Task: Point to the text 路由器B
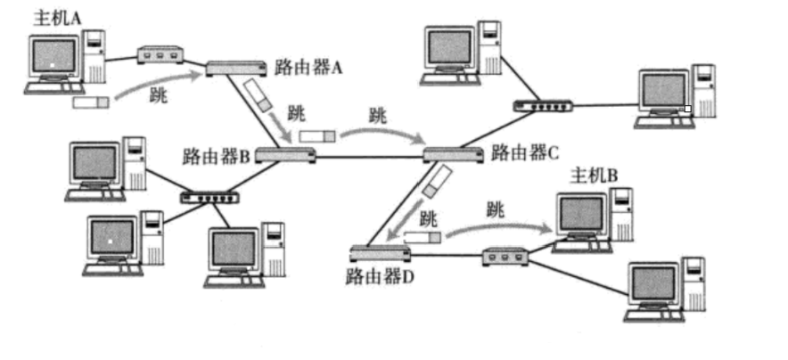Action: coord(217,157)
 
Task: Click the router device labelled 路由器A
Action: coord(236,68)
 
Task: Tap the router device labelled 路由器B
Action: coord(285,156)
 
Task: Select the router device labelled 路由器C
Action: coord(453,154)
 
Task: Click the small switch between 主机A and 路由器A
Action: coord(160,56)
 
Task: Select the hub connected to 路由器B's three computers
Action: coord(210,198)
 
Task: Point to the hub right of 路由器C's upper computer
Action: coord(543,106)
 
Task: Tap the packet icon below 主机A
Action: coord(90,102)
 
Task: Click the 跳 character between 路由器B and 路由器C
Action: coord(378,115)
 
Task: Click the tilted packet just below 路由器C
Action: coord(434,183)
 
